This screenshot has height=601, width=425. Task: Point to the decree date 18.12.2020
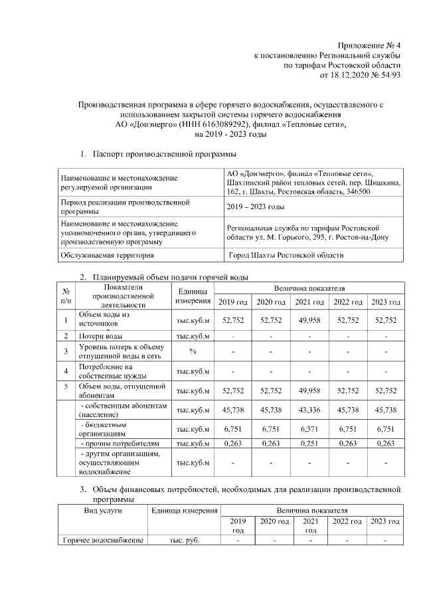point(350,76)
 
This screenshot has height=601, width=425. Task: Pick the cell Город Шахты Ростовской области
point(286,254)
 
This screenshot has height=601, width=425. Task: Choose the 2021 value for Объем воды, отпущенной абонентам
point(310,390)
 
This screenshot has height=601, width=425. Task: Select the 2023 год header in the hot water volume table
point(386,302)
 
